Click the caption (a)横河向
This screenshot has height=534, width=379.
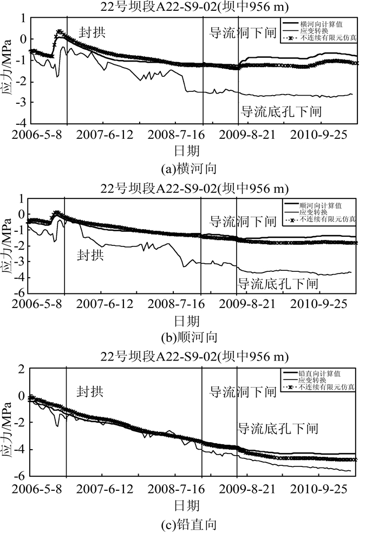click(x=190, y=169)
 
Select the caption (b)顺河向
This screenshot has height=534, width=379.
click(x=190, y=338)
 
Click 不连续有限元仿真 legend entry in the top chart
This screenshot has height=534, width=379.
click(x=327, y=39)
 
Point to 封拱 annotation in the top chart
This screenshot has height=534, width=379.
click(x=92, y=32)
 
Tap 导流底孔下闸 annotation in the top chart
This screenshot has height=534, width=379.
click(x=282, y=112)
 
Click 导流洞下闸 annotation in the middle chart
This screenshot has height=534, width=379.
click(x=243, y=222)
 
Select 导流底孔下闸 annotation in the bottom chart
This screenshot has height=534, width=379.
click(x=278, y=429)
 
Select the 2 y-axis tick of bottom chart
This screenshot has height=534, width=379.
click(x=22, y=370)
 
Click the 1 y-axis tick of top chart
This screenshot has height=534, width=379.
click(x=23, y=18)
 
